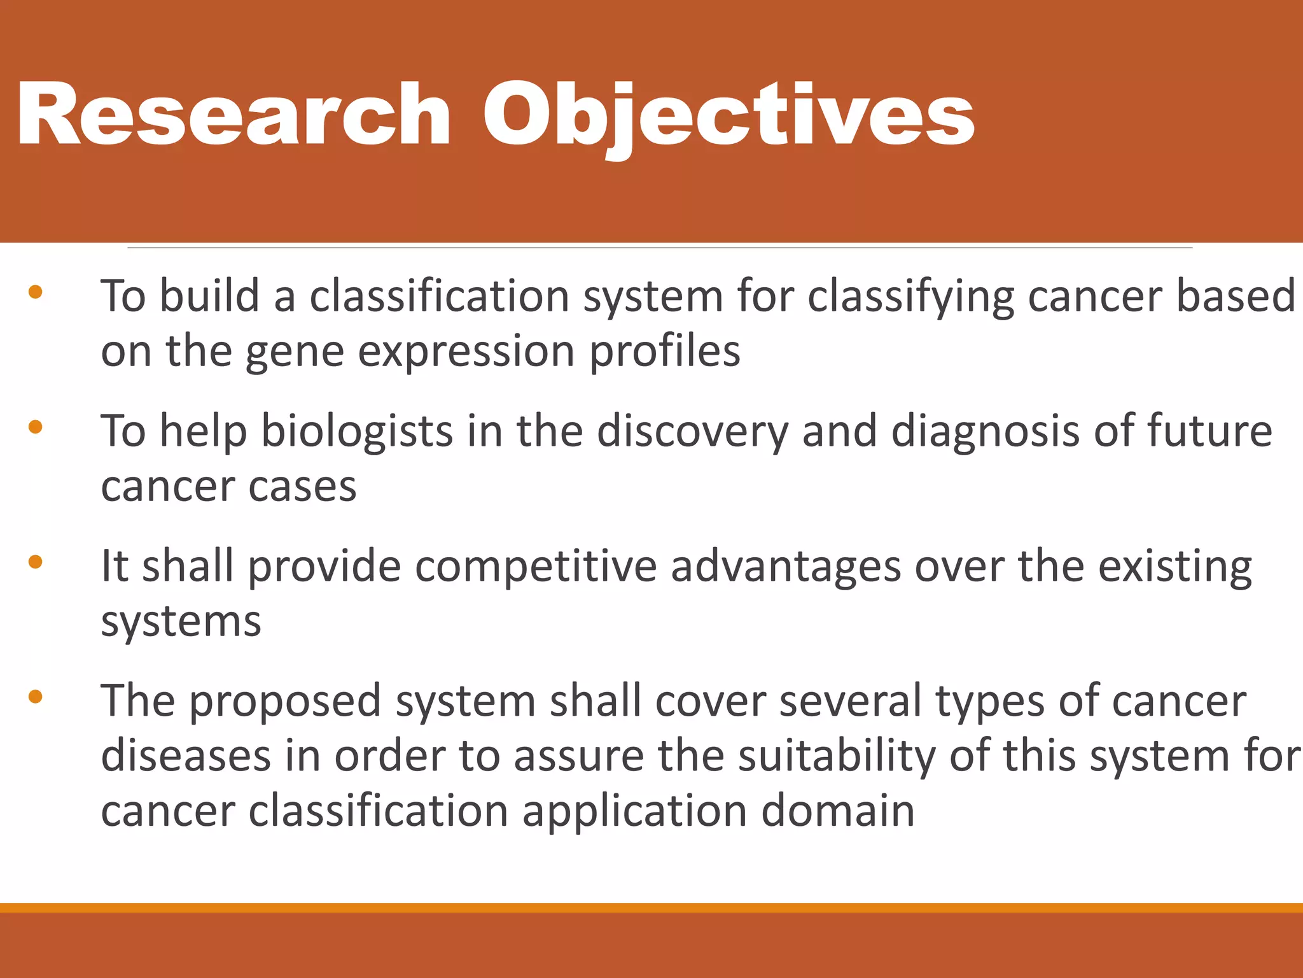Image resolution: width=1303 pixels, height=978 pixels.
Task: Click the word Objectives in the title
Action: (728, 116)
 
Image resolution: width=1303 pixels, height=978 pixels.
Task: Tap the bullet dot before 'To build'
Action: (36, 292)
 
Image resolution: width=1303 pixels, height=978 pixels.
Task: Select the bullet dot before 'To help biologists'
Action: (36, 427)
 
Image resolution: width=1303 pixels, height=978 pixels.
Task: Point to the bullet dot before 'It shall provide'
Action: (36, 562)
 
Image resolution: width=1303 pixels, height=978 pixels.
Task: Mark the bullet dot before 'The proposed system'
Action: (36, 697)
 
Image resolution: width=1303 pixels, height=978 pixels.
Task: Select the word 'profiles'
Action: (664, 352)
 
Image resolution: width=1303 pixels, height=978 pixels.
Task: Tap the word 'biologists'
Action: (357, 432)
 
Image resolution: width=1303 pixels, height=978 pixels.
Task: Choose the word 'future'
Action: (1209, 432)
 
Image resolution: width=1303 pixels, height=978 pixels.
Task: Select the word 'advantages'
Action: (786, 567)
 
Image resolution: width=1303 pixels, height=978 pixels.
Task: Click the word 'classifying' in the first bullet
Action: (910, 297)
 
